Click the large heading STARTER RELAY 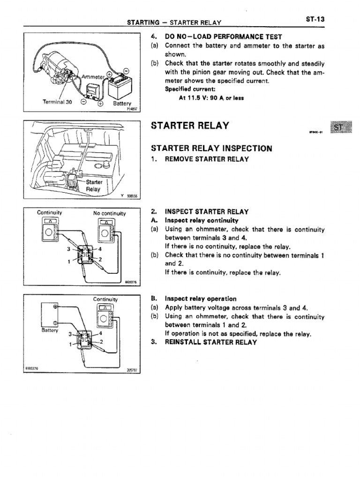[x=190, y=126]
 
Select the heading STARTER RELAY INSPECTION [x=211, y=148]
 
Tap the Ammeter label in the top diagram [x=92, y=76]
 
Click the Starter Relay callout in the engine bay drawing [x=93, y=186]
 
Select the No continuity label [x=109, y=213]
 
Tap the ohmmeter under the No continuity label [x=105, y=232]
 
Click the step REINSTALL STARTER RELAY [x=210, y=342]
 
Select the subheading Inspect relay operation [x=201, y=299]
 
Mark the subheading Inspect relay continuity [x=202, y=220]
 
